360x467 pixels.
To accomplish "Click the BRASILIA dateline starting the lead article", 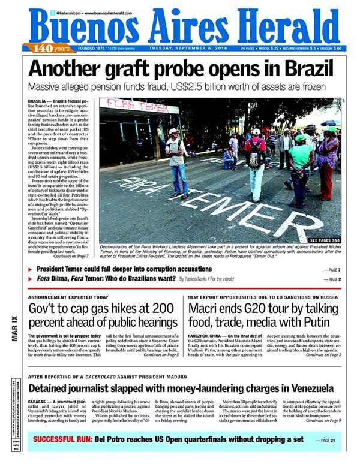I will coord(40,101).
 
